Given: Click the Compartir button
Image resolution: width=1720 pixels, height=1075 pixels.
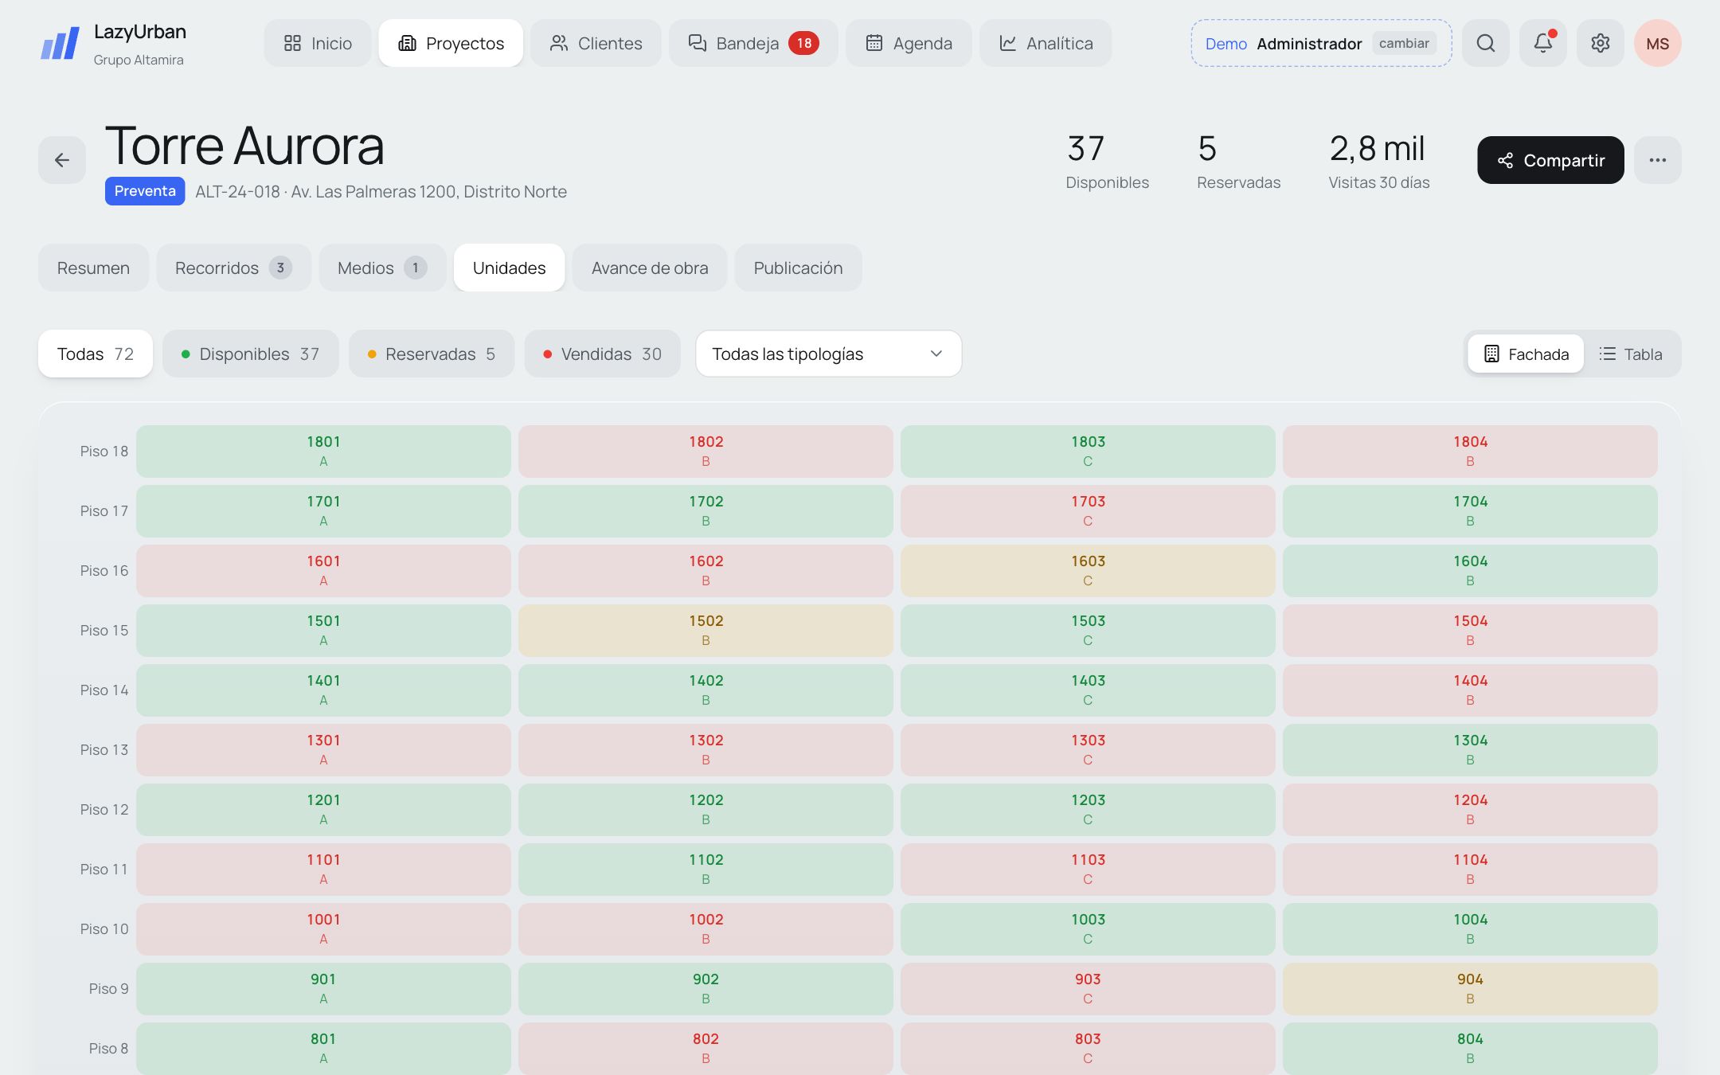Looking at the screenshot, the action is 1550,160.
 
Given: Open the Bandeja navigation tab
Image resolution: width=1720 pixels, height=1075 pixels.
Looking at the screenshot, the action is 753,43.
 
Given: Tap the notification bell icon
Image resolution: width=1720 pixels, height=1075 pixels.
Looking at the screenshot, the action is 1543,43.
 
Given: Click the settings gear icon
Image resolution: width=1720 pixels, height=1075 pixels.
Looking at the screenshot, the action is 1601,43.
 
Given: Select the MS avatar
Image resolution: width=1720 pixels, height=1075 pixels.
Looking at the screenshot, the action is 1658,43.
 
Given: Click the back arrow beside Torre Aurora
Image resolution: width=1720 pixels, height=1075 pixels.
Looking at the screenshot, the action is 62,160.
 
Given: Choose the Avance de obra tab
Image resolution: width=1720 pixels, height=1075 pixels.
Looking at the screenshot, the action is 650,268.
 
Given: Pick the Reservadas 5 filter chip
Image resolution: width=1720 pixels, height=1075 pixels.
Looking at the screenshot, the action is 432,354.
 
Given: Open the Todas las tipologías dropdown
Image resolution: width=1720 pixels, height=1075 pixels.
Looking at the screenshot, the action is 828,354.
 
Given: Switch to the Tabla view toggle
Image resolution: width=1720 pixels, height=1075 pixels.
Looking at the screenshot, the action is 1631,354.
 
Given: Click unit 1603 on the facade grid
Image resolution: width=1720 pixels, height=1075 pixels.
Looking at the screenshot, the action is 1088,571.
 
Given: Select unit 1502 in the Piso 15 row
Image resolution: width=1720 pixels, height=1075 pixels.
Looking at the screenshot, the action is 706,631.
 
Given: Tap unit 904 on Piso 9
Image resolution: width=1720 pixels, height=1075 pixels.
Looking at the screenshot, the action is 1470,989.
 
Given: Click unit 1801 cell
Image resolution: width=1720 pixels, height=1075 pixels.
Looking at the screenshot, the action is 323,451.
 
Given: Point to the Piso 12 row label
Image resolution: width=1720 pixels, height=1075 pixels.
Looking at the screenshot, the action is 104,810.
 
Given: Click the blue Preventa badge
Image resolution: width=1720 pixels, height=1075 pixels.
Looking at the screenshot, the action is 145,191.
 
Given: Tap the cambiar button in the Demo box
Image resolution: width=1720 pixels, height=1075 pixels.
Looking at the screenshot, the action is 1404,43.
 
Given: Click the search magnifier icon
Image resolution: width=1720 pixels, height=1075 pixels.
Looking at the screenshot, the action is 1486,43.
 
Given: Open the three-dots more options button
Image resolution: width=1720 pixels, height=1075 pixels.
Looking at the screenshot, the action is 1658,160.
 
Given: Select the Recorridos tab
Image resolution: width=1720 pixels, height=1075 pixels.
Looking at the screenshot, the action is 233,268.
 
